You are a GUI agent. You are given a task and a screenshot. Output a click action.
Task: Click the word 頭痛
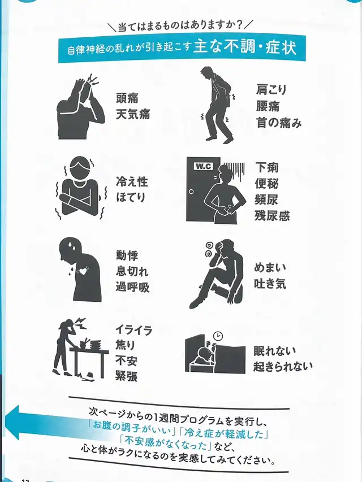127,98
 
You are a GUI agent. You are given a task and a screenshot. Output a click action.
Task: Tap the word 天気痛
133,114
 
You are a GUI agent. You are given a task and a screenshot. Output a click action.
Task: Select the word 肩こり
271,89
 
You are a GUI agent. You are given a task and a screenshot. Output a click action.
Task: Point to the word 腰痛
268,106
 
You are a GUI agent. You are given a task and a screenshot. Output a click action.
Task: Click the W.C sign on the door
204,166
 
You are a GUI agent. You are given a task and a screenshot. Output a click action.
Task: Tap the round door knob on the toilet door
191,192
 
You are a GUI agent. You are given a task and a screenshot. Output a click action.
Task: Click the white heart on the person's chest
83,271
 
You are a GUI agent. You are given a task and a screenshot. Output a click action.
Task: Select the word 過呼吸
133,287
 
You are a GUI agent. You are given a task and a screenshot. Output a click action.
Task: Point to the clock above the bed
218,336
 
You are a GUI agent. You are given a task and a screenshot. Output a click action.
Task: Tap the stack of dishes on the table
94,345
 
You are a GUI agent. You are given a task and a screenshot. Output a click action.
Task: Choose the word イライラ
133,331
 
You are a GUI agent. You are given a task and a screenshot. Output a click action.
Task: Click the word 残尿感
272,215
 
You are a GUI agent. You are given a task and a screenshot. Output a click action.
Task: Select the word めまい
270,267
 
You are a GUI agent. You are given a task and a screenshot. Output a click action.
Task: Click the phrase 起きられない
283,366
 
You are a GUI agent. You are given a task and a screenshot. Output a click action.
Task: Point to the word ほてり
131,197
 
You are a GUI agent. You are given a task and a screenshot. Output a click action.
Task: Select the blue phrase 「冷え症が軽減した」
225,433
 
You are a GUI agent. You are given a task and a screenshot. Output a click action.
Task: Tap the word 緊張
126,376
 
